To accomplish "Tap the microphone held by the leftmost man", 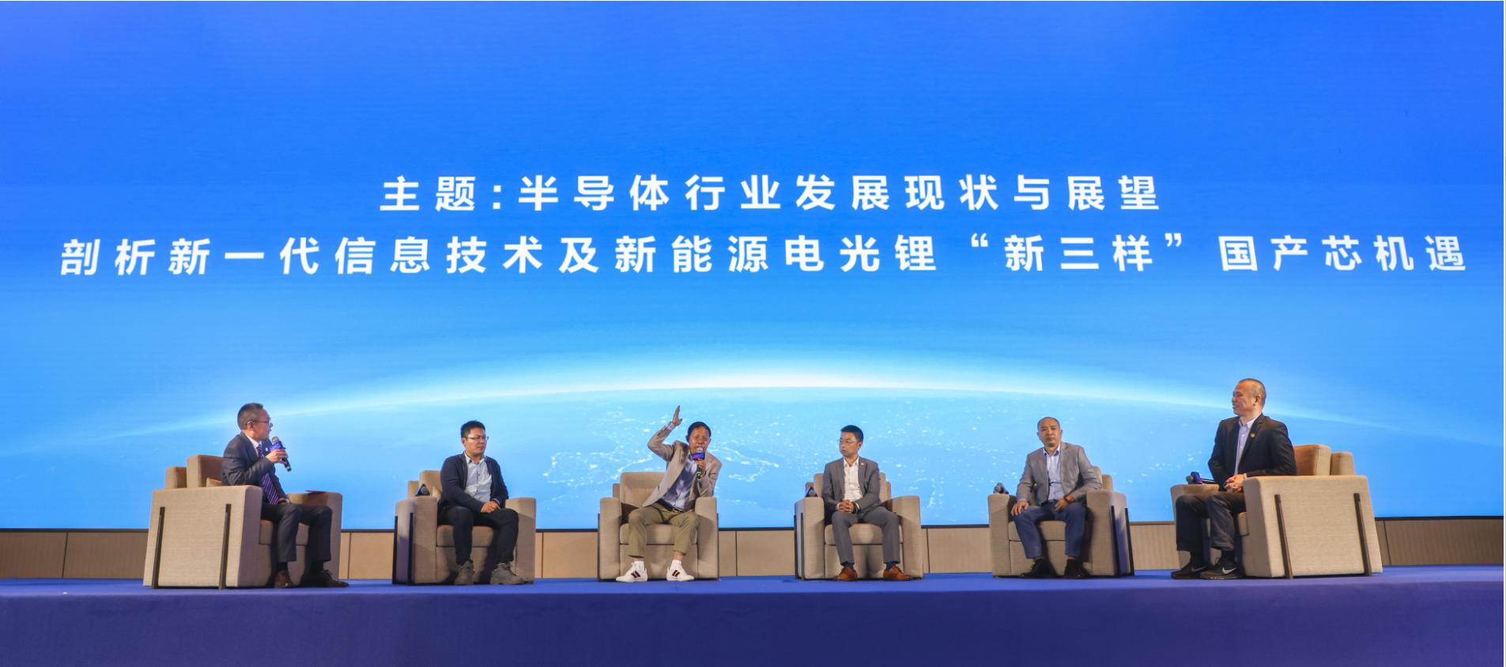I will pyautogui.click(x=281, y=453).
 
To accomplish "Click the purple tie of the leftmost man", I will pyautogui.click(x=270, y=483).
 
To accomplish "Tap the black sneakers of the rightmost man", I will pyautogui.click(x=1206, y=569).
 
